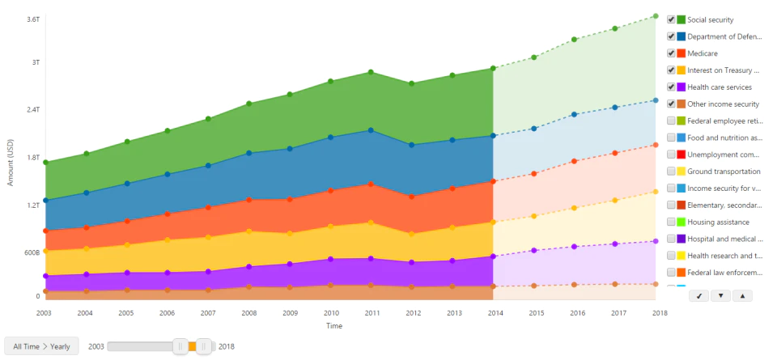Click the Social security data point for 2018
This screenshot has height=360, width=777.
[x=655, y=16]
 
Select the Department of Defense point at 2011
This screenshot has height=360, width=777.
[x=371, y=130]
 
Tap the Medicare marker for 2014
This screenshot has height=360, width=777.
[x=493, y=181]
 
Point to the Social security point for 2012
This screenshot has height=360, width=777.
[x=411, y=83]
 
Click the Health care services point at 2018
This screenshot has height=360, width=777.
[x=655, y=241]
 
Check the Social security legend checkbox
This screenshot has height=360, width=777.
[x=671, y=19]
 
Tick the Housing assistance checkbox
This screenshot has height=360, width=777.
[x=671, y=222]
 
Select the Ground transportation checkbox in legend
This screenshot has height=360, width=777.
[x=671, y=172]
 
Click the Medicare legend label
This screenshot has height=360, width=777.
[x=703, y=53]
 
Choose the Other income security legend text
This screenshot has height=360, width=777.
[x=723, y=104]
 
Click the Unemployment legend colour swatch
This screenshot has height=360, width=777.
[x=681, y=155]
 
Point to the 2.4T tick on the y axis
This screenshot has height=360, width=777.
[x=32, y=110]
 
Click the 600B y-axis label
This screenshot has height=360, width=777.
[x=32, y=252]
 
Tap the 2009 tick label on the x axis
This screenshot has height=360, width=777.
[x=290, y=313]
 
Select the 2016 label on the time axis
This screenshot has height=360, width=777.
[x=574, y=313]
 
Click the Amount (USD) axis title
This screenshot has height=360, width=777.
[x=11, y=163]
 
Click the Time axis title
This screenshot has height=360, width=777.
[x=334, y=326]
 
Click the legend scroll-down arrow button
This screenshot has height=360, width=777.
[x=720, y=295]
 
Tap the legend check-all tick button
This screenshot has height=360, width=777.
[x=698, y=295]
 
